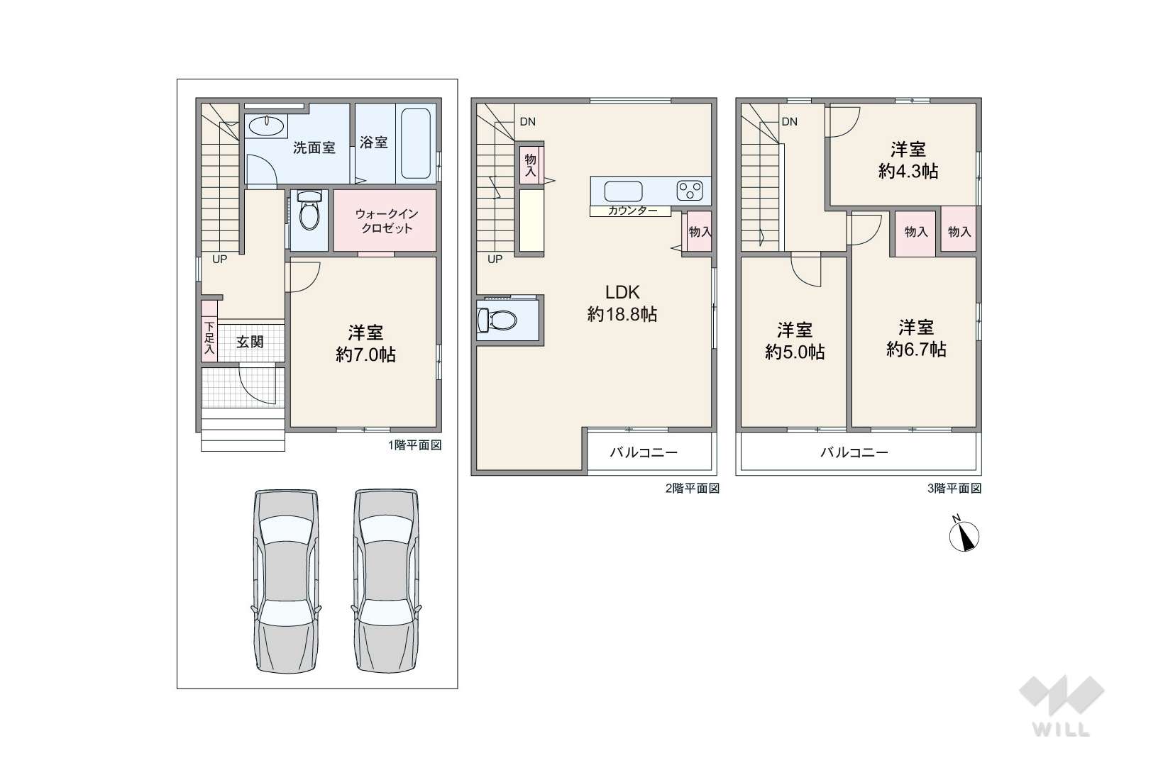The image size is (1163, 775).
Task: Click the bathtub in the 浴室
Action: pyautogui.click(x=416, y=143)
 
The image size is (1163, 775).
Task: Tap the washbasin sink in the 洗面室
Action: pyautogui.click(x=266, y=125)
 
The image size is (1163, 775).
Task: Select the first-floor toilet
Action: pyautogui.click(x=309, y=211)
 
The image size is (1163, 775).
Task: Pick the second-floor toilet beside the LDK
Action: pyautogui.click(x=497, y=319)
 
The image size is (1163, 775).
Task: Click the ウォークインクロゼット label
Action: pyautogui.click(x=386, y=221)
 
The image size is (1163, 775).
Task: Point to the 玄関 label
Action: pyautogui.click(x=250, y=342)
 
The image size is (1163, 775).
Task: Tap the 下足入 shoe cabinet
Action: pyautogui.click(x=209, y=331)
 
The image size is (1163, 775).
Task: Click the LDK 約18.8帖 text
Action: pyautogui.click(x=622, y=303)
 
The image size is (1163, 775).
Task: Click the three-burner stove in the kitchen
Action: pyautogui.click(x=690, y=190)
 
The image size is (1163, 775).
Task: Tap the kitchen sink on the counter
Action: pyautogui.click(x=623, y=191)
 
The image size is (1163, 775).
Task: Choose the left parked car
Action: pyautogui.click(x=286, y=581)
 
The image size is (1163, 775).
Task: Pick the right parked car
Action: pyautogui.click(x=386, y=581)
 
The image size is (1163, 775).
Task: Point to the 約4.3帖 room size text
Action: pyautogui.click(x=908, y=171)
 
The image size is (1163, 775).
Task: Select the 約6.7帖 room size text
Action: pyautogui.click(x=916, y=349)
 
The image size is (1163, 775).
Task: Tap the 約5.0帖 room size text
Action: pyautogui.click(x=795, y=352)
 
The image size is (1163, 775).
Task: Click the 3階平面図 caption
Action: pyautogui.click(x=954, y=488)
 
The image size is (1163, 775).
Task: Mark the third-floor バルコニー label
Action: pyautogui.click(x=854, y=452)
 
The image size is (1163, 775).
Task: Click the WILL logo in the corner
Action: pyautogui.click(x=1062, y=706)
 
